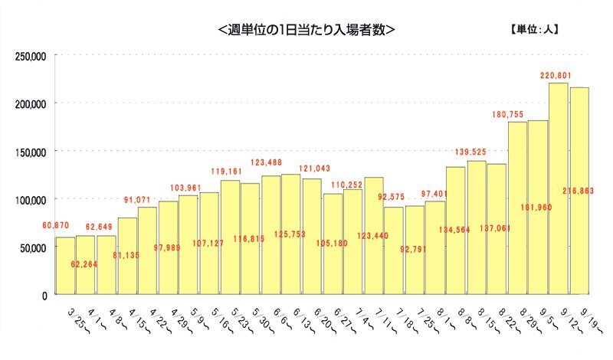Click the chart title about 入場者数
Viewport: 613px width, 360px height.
(306, 31)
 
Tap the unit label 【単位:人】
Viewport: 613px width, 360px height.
(534, 31)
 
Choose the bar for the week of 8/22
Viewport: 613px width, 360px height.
(497, 229)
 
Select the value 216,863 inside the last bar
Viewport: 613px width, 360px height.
(579, 190)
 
